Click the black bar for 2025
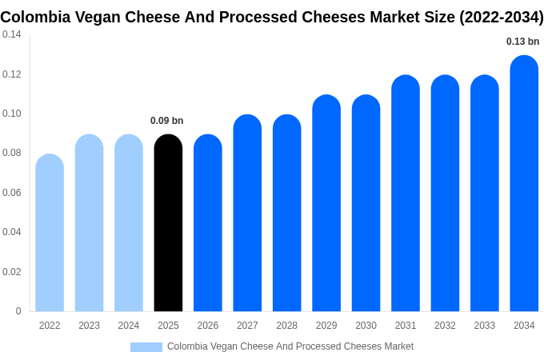168,223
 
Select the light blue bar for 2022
50,233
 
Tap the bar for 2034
524,183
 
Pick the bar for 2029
326,203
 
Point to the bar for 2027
247,213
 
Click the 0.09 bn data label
167,121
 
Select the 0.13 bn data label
522,42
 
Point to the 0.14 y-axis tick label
12,34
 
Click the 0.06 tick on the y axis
12,193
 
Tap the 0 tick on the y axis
18,311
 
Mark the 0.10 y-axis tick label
12,114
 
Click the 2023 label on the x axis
89,326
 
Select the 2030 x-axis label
366,326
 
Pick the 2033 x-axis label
484,326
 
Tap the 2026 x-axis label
207,326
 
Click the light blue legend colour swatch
146,346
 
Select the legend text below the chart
290,346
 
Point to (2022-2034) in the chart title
501,18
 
